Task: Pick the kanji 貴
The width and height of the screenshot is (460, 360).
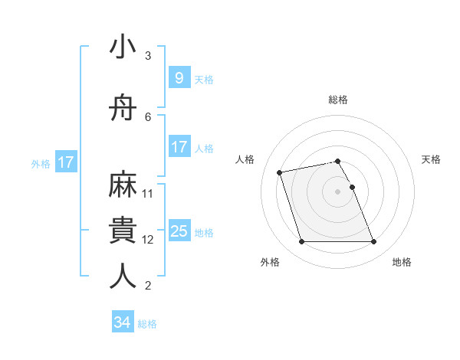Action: (123, 230)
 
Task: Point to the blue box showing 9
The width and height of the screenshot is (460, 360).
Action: (179, 78)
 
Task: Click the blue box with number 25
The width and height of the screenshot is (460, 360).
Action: (179, 231)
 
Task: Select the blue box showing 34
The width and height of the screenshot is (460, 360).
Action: (122, 322)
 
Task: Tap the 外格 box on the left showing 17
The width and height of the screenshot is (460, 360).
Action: (65, 162)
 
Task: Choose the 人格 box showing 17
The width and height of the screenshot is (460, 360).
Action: (179, 147)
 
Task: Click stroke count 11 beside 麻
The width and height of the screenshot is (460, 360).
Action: (148, 193)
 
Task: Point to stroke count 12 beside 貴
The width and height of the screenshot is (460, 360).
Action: (148, 239)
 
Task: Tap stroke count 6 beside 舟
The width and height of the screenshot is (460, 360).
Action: (148, 116)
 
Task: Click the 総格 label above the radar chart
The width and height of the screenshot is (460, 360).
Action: (337, 100)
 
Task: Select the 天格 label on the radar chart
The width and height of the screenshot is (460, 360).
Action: (431, 159)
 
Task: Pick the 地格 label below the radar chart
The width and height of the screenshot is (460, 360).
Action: (402, 262)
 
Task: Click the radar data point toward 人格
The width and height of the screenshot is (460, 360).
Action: (280, 172)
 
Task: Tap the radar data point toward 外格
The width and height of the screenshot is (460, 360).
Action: (301, 242)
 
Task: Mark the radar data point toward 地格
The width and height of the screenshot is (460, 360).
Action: (373, 242)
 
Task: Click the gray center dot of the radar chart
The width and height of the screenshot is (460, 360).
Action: (337, 191)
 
